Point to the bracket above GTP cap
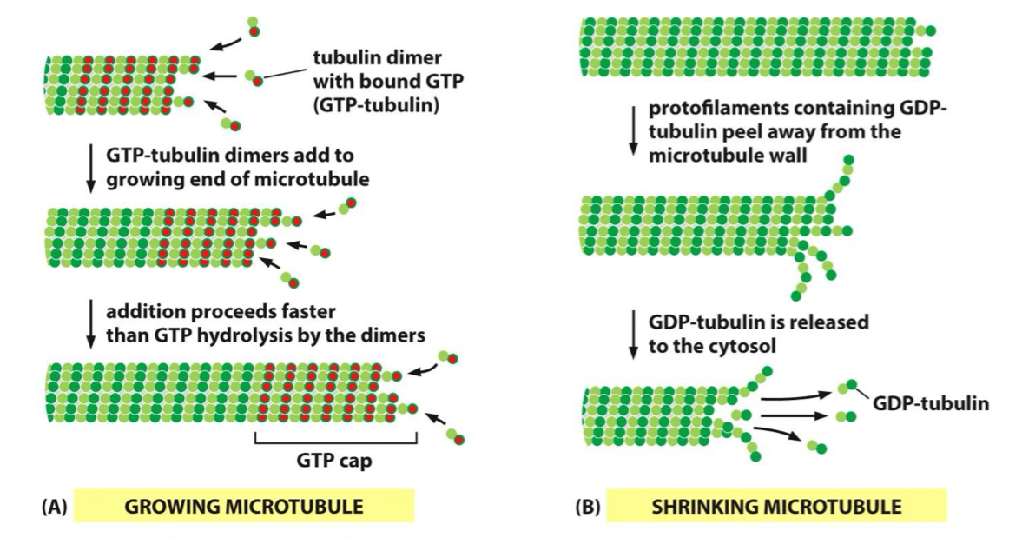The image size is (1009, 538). pos(336,442)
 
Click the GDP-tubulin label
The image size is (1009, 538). pos(929,403)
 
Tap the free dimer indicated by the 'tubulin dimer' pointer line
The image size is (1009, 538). pos(254,78)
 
